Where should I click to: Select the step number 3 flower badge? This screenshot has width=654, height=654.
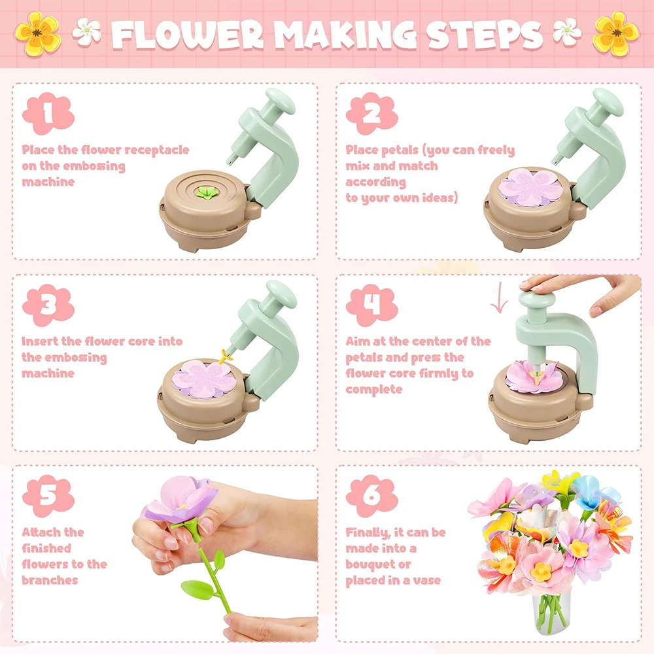click(x=48, y=305)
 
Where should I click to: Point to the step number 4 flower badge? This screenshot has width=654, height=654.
click(x=371, y=305)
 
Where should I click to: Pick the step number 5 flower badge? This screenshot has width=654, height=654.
click(x=48, y=496)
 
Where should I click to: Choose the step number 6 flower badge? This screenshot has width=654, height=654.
click(x=371, y=496)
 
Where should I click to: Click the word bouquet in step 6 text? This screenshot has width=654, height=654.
click(x=370, y=564)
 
